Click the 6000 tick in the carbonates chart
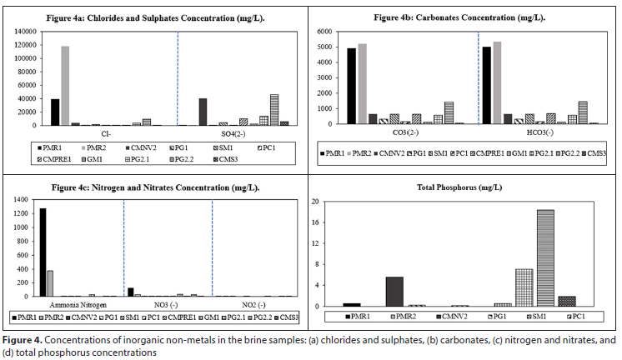click(324, 31)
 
